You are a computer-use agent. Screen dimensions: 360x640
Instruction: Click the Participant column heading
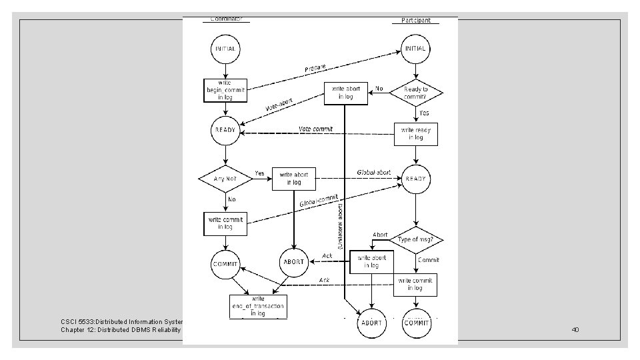click(416, 21)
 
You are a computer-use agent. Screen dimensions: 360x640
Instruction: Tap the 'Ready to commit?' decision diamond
click(416, 93)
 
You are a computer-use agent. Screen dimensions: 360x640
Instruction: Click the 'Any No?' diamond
click(225, 179)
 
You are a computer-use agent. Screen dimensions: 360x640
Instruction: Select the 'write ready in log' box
click(416, 133)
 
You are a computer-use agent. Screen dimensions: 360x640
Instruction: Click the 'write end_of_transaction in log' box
click(259, 306)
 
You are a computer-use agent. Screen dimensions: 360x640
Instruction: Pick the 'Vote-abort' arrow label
click(279, 105)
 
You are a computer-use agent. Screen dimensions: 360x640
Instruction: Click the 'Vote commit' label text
click(314, 128)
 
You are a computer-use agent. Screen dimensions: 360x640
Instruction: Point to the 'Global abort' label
click(374, 172)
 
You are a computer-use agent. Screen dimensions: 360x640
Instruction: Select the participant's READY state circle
click(416, 179)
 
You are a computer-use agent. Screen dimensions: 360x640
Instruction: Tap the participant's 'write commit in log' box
click(415, 284)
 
